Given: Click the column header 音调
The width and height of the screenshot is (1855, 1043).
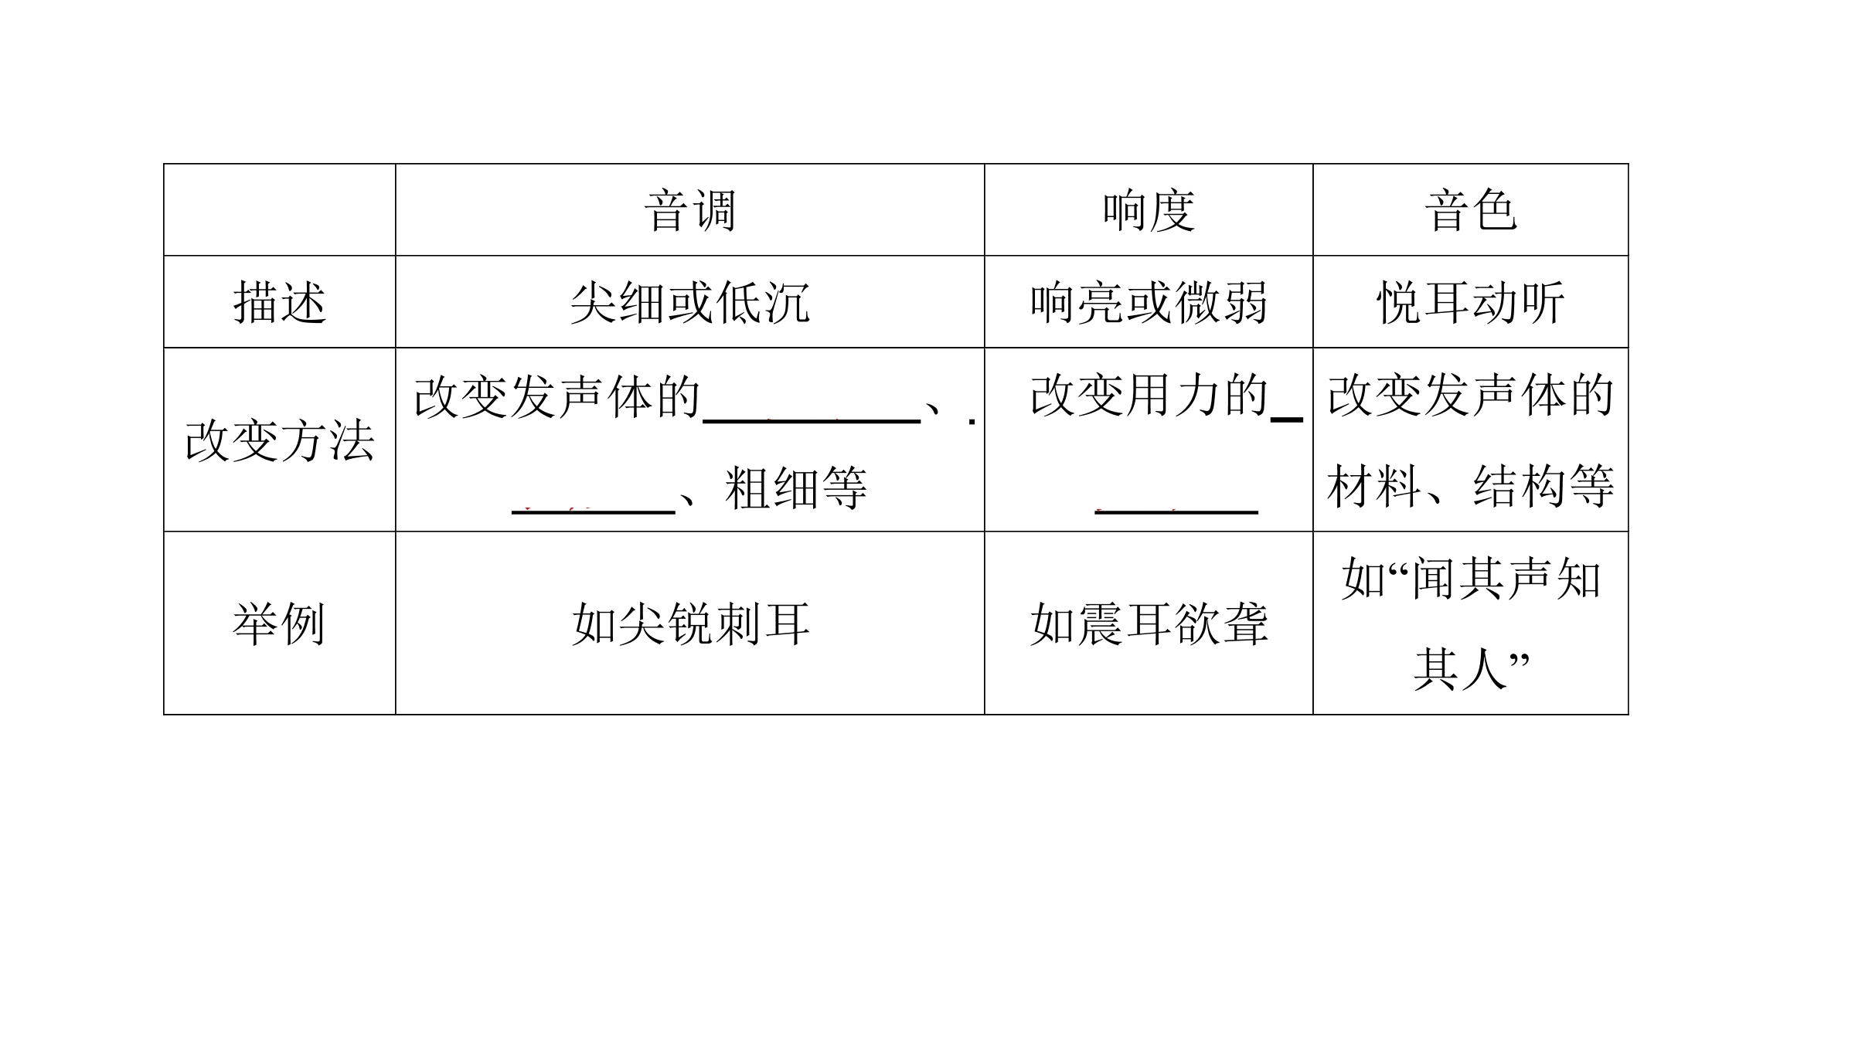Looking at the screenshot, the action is pyautogui.click(x=690, y=210).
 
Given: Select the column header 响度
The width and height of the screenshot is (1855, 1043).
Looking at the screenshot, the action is pyautogui.click(x=1149, y=210).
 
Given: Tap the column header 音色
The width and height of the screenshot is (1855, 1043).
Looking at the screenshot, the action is pyautogui.click(x=1471, y=210).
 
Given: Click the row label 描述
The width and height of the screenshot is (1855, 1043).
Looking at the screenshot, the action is pyautogui.click(x=280, y=302).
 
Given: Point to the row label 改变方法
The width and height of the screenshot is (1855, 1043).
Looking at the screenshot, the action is pyautogui.click(x=280, y=440).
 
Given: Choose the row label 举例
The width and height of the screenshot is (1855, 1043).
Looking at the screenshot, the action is pyautogui.click(x=280, y=623).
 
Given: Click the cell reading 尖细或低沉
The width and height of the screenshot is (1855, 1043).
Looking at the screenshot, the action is pyautogui.click(x=690, y=302).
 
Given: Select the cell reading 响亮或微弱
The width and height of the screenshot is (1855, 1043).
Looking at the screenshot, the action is pyautogui.click(x=1149, y=302).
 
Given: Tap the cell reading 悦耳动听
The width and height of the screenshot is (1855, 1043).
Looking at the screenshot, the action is pyautogui.click(x=1471, y=302).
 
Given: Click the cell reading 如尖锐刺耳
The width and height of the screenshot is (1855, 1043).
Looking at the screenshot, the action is pyautogui.click(x=690, y=623).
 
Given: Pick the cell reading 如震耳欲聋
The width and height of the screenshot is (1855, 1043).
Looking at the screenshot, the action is pyautogui.click(x=1149, y=623).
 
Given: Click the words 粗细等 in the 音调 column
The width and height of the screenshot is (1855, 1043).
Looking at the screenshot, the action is pyautogui.click(x=796, y=488).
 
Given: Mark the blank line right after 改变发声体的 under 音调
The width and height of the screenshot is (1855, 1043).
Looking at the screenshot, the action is pyautogui.click(x=812, y=421).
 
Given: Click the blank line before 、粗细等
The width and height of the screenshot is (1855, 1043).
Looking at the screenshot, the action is pyautogui.click(x=594, y=511).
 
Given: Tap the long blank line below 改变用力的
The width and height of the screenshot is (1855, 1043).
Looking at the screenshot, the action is pyautogui.click(x=1176, y=511).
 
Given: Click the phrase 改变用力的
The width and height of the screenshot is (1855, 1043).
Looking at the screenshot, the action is pyautogui.click(x=1149, y=396).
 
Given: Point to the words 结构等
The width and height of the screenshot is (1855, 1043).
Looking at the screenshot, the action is pyautogui.click(x=1544, y=486).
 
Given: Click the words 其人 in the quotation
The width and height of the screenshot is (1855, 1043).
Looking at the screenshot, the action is pyautogui.click(x=1460, y=669).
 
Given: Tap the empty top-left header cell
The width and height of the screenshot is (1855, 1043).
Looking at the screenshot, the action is pyautogui.click(x=280, y=209).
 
